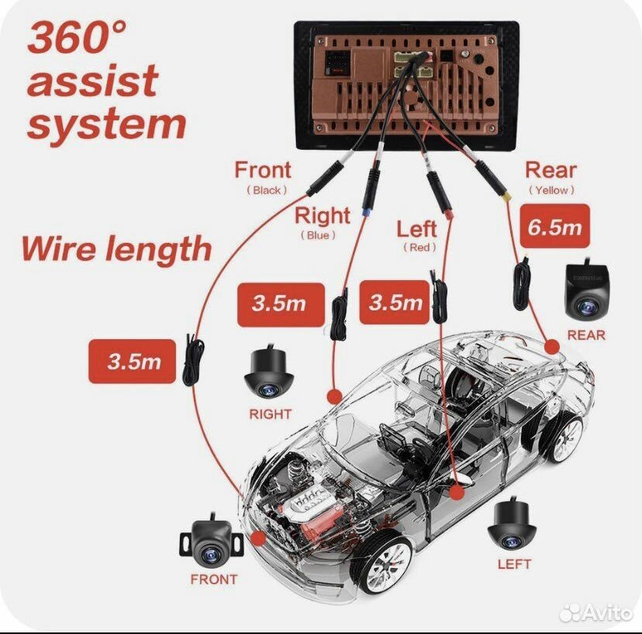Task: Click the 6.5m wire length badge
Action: (554, 227)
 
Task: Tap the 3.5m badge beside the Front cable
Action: (133, 362)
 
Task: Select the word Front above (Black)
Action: (263, 170)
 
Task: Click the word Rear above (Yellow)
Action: (551, 170)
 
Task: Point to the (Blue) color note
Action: (319, 235)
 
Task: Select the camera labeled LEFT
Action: (512, 525)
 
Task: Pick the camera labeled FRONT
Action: (212, 542)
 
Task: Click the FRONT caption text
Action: (214, 579)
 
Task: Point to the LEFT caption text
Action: (513, 564)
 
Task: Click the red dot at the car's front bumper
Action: (257, 536)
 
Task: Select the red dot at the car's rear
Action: (552, 347)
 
